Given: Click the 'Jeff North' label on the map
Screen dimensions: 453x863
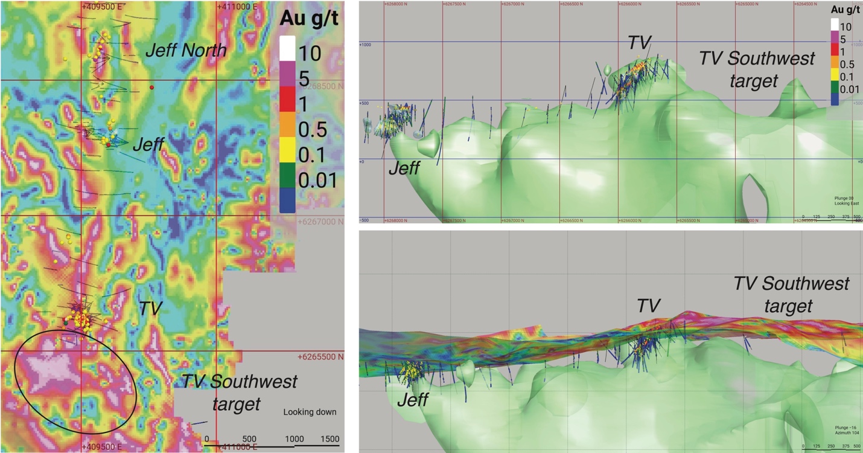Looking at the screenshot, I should pyautogui.click(x=186, y=50).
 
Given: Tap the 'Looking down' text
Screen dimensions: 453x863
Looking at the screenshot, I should pyautogui.click(x=310, y=413).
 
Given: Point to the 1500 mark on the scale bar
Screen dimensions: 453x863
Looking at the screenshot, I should pyautogui.click(x=330, y=439).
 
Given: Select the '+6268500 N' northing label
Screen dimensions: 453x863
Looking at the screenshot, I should pyautogui.click(x=320, y=86).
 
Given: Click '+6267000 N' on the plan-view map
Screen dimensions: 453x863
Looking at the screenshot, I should pyautogui.click(x=320, y=222).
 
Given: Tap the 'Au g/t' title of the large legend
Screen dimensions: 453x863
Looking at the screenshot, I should pyautogui.click(x=310, y=19).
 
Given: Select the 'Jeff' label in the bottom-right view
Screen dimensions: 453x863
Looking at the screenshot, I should pyautogui.click(x=413, y=399).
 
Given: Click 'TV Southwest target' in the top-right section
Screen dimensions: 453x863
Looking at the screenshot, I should pyautogui.click(x=757, y=69).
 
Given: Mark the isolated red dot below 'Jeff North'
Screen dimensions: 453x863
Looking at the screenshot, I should pyautogui.click(x=152, y=88).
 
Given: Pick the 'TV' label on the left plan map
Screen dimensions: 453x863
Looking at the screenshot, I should pyautogui.click(x=151, y=309).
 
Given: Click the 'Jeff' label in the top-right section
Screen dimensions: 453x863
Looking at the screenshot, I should pyautogui.click(x=404, y=167).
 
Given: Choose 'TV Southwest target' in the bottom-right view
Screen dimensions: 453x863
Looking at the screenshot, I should pyautogui.click(x=791, y=294).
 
